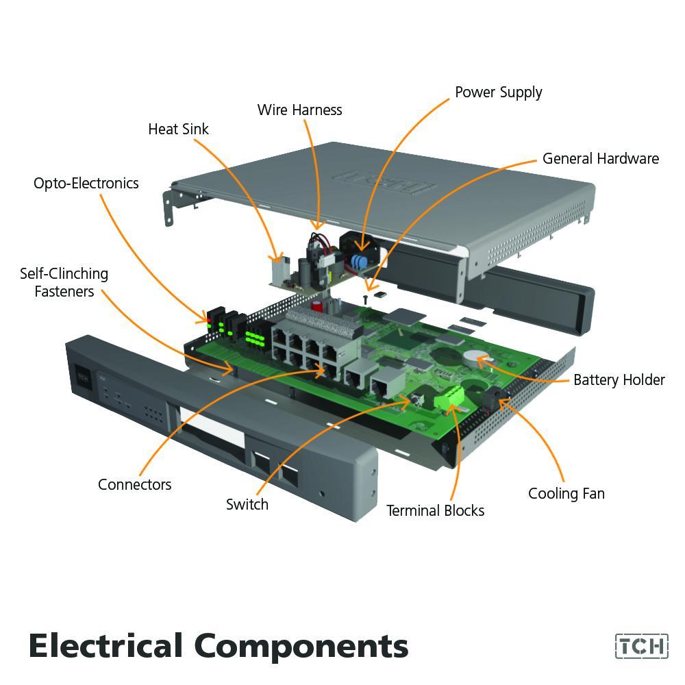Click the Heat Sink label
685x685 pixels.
178,129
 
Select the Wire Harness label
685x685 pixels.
299,110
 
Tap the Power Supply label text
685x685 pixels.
498,92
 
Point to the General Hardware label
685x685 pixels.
600,158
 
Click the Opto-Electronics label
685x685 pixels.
86,183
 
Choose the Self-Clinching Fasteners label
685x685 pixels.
64,282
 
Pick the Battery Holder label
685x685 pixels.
619,379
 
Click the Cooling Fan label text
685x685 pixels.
566,493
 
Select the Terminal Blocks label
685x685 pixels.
435,510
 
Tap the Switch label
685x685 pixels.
247,504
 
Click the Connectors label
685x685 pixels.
134,484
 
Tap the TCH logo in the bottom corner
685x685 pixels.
640,646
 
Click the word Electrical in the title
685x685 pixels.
106,646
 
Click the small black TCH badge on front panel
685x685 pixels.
83,376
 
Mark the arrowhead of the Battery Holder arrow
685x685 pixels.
485,365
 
